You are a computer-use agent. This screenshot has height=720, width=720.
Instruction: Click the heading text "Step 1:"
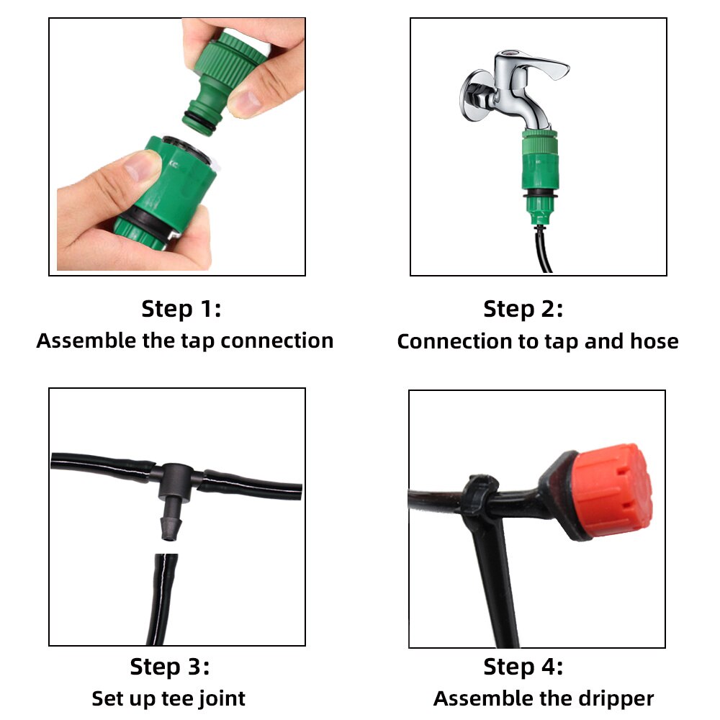[x=181, y=310]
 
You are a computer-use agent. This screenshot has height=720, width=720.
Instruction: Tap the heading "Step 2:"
[x=523, y=310]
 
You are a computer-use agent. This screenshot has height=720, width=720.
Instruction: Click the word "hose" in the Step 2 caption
[x=654, y=341]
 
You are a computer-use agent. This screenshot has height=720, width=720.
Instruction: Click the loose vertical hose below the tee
[x=162, y=598]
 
